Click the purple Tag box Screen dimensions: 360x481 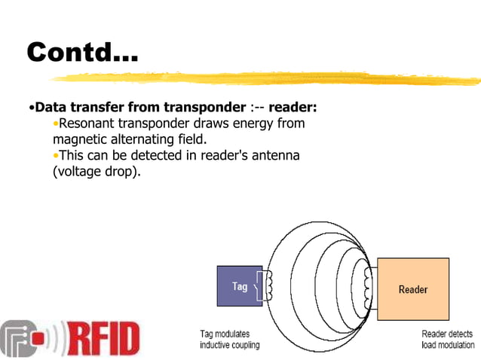point(240,286)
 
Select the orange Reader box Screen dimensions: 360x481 point(412,289)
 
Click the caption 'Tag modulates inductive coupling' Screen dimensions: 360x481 point(229,340)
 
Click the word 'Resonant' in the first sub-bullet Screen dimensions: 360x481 point(91,124)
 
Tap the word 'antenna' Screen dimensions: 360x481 point(275,155)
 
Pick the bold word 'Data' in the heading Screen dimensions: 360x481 point(52,107)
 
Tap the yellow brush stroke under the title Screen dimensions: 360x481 point(264,76)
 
